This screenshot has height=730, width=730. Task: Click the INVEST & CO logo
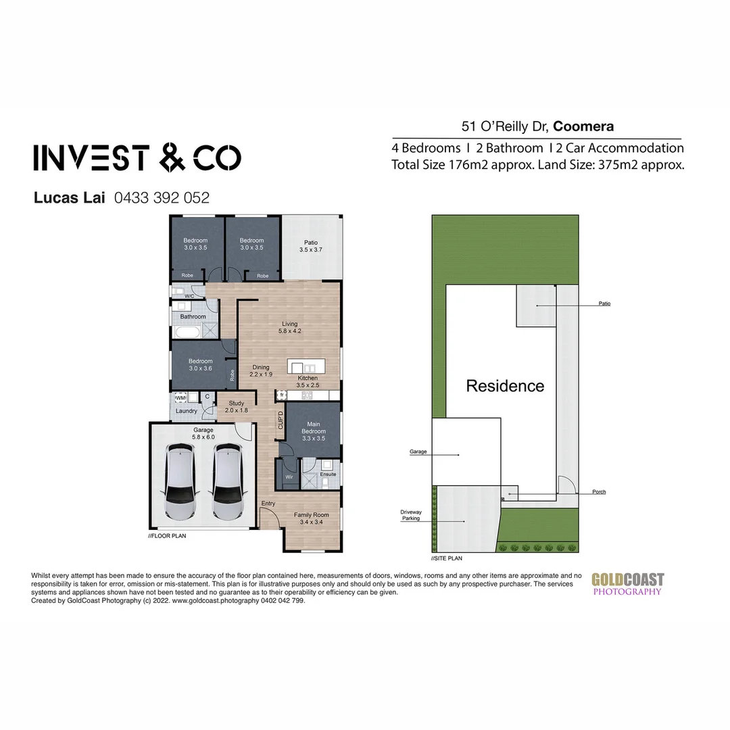pos(137,157)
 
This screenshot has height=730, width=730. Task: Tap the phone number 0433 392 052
pos(162,198)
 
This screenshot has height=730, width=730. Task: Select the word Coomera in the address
pos(583,126)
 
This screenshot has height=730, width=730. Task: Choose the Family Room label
pos(311,518)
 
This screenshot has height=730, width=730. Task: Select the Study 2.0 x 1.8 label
pos(236,406)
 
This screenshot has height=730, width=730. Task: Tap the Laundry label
pos(186,411)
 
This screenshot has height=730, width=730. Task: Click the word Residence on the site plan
pos(505,386)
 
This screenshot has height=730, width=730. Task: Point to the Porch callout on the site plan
pos(598,492)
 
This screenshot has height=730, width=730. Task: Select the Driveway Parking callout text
pos(410,516)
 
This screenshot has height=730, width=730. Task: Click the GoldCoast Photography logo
pos(628,584)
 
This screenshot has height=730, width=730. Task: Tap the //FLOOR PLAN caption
pos(167,535)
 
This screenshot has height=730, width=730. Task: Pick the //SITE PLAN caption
pos(447,559)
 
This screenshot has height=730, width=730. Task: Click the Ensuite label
pos(328,474)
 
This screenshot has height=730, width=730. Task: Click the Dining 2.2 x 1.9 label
pos(260,370)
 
